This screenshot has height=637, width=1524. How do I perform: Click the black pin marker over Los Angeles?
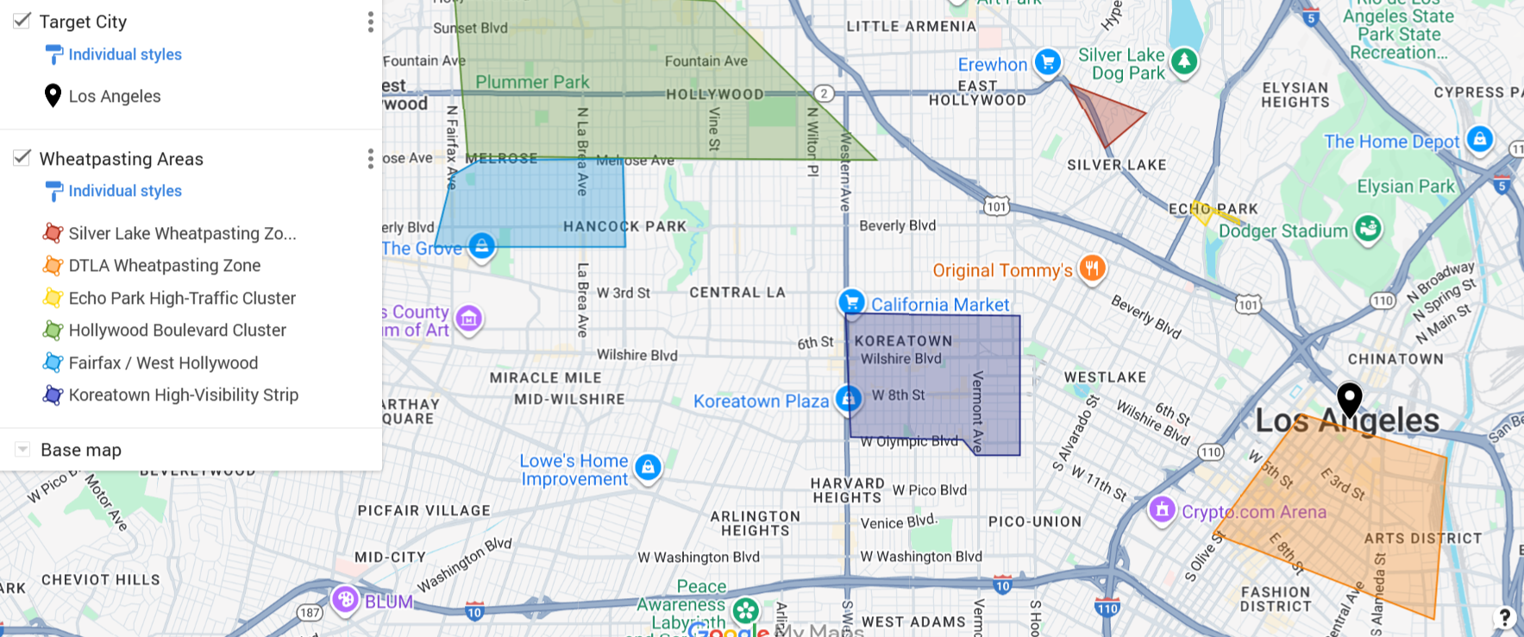click(x=1349, y=399)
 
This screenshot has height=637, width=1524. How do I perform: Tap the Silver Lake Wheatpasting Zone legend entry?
click(x=182, y=233)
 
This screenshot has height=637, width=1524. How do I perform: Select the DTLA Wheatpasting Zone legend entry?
click(x=164, y=266)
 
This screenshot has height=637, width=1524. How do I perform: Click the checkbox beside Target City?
click(x=22, y=21)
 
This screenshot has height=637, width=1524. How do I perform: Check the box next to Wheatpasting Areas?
click(x=22, y=158)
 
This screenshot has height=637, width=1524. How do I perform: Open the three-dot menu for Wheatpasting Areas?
click(x=371, y=159)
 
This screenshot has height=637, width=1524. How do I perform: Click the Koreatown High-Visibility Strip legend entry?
click(x=183, y=395)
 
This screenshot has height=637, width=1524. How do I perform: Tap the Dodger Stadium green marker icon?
click(x=1368, y=229)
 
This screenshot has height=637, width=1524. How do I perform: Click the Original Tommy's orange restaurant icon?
click(x=1092, y=268)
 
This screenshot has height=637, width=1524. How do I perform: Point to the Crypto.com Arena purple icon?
click(x=1162, y=509)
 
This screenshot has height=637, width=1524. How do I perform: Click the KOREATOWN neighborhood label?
click(x=903, y=341)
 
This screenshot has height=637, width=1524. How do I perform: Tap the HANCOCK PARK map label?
click(x=624, y=226)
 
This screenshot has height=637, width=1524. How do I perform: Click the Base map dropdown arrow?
click(x=22, y=450)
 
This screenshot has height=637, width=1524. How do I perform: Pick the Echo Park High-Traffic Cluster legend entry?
click(x=182, y=299)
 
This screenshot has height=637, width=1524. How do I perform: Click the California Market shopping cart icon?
click(x=851, y=301)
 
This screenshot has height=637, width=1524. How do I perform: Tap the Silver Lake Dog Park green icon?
click(x=1184, y=60)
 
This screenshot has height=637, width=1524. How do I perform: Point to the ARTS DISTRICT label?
click(x=1422, y=538)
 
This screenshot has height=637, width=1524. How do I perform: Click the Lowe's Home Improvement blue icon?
click(x=648, y=467)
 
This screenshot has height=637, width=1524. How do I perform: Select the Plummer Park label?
click(x=532, y=82)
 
